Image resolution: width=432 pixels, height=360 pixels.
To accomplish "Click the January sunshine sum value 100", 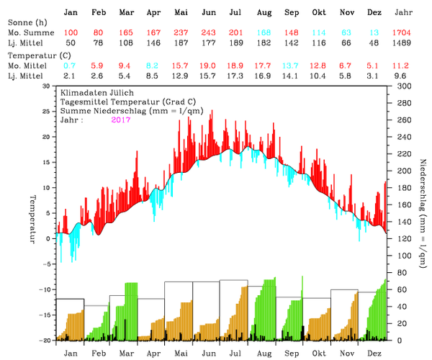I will (x=71, y=34).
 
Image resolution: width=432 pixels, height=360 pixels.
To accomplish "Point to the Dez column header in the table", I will (x=374, y=13).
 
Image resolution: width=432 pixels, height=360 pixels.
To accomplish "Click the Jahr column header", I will (x=404, y=13).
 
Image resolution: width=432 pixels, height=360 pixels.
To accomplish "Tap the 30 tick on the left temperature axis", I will (x=48, y=86).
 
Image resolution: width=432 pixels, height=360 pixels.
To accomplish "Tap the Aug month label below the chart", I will (x=264, y=354).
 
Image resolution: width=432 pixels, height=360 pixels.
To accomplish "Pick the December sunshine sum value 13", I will (x=374, y=34).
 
